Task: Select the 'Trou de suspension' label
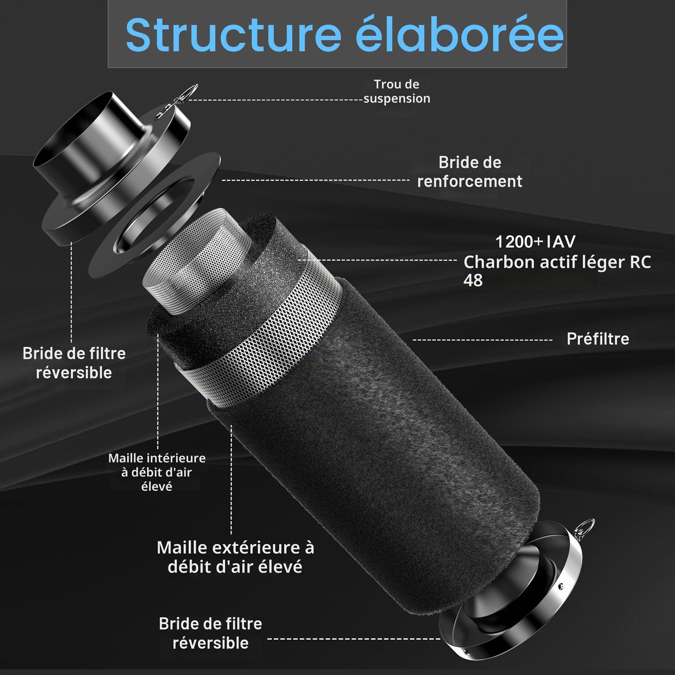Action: tap(397, 91)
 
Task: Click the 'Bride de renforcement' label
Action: tap(469, 172)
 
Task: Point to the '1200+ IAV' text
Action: tap(535, 242)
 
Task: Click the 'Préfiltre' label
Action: tap(598, 339)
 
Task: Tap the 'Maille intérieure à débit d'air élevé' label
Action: tap(157, 472)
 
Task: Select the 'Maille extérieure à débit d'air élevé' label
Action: tap(236, 557)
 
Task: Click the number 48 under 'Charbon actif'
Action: tap(473, 280)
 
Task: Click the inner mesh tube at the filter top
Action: tap(197, 262)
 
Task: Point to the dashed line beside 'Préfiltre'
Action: tap(483, 340)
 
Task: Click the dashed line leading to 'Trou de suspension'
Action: tap(275, 100)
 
